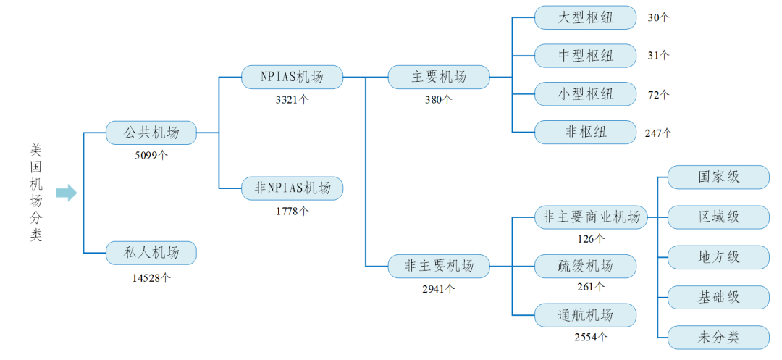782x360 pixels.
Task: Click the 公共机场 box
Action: click(x=151, y=133)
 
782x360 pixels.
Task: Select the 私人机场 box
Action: click(x=151, y=253)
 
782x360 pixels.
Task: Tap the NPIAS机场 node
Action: click(x=292, y=77)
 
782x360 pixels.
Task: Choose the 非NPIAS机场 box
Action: click(x=292, y=188)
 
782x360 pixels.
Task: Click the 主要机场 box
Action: click(x=439, y=77)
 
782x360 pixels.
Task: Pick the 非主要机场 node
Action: click(x=439, y=266)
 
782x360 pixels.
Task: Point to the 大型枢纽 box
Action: click(x=585, y=17)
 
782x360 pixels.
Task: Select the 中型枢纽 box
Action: click(x=585, y=56)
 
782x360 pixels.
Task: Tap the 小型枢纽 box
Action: click(x=585, y=93)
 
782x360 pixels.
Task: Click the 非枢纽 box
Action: click(x=585, y=132)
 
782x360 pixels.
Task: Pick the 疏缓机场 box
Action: click(x=585, y=266)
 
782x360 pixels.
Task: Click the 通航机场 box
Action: click(x=585, y=315)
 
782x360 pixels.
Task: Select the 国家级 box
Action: click(x=718, y=177)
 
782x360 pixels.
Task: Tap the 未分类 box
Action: click(x=718, y=337)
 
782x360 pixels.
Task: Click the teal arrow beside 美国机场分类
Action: click(x=66, y=193)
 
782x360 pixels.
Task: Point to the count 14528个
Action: click(x=151, y=277)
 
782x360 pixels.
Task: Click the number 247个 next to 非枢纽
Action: click(x=658, y=133)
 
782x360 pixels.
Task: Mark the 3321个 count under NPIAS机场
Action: click(x=292, y=100)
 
